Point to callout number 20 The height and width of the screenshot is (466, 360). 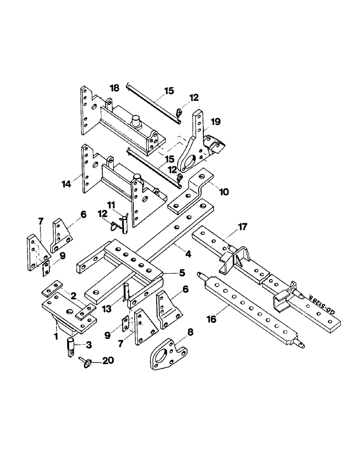(108, 361)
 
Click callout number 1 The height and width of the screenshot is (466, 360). (55, 335)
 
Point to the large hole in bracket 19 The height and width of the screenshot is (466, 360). (192, 165)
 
